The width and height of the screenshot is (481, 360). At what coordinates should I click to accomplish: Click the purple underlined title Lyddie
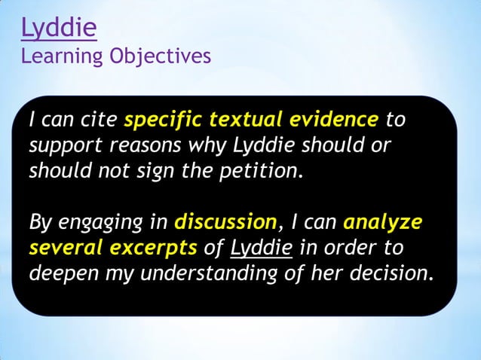coord(59,29)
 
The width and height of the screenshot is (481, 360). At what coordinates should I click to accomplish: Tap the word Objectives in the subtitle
coord(159,56)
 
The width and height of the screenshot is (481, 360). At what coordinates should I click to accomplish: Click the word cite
coord(99,120)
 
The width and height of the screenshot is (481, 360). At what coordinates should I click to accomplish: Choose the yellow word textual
coord(250,120)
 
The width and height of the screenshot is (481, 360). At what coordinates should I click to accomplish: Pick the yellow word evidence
coord(337,120)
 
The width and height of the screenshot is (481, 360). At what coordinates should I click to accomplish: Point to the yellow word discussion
coord(225,222)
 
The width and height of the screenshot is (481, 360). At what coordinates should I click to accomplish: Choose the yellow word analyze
coord(382,222)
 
